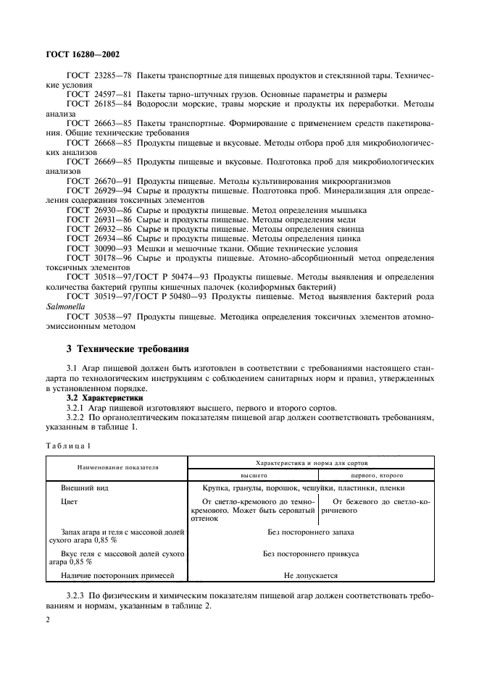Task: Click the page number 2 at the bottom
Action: coord(47,620)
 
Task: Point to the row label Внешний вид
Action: coord(85,489)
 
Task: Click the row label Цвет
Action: coord(70,501)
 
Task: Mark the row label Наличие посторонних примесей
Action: coord(118,576)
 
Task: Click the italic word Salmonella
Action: coord(65,306)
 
